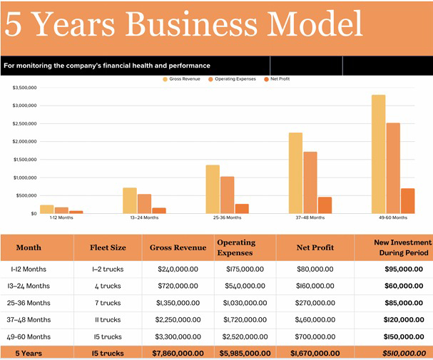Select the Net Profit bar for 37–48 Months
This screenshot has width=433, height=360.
325,205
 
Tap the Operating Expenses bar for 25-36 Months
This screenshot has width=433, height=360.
228,195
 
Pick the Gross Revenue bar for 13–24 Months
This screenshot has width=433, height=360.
129,200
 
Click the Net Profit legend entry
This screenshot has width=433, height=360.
277,79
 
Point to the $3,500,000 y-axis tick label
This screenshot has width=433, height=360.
25,88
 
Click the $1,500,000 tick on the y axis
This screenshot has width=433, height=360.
25,160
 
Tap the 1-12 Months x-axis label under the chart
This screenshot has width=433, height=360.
46,217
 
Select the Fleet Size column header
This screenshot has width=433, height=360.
108,247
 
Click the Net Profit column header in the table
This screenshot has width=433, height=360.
315,247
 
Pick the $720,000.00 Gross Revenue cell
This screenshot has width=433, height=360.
178,285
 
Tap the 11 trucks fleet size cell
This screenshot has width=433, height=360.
108,319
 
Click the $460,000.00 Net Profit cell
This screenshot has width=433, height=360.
315,319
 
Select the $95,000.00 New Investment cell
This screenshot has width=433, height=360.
402,269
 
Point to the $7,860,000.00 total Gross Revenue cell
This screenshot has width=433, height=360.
178,353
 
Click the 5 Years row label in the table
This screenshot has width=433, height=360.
30,353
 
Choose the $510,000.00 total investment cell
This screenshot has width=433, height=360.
402,353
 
